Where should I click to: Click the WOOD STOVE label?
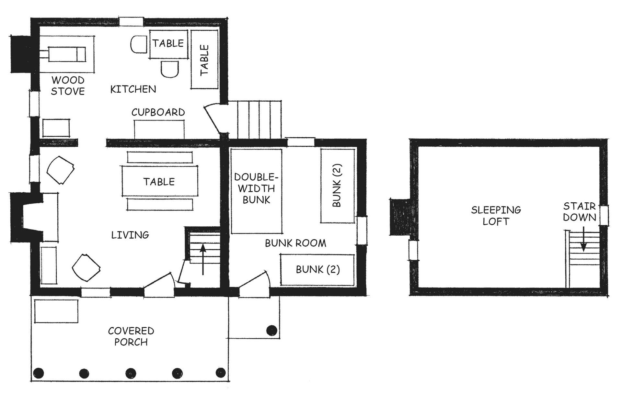(68, 85)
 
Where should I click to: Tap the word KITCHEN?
(133, 89)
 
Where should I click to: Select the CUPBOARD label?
(158, 112)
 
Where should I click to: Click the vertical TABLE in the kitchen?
(204, 60)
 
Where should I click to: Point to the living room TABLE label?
(159, 182)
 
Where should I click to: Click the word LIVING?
(130, 235)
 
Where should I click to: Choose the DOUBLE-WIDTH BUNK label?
(256, 188)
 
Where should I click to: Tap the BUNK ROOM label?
(295, 243)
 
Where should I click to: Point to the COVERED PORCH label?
(131, 336)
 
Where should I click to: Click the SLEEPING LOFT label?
(496, 216)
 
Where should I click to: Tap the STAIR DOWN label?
(580, 211)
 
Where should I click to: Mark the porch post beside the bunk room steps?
(271, 331)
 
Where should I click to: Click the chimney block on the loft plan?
(400, 217)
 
